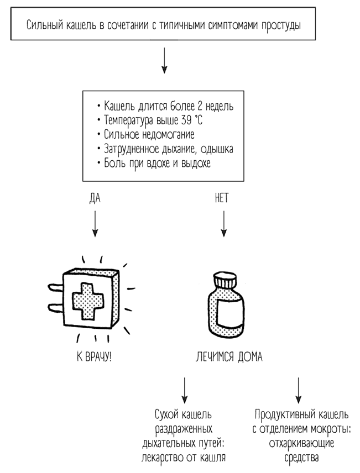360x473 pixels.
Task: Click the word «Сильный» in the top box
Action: tap(43, 25)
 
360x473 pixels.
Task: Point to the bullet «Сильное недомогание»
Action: tap(149, 134)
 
